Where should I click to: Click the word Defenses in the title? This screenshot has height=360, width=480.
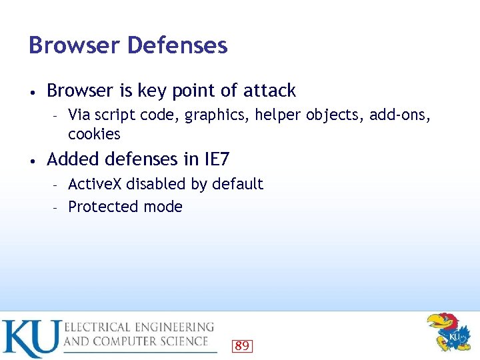pos(177,45)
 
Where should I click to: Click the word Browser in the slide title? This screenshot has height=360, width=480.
pos(73,45)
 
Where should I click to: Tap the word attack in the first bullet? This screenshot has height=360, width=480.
pos(269,90)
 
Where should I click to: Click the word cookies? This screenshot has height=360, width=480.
pos(94,134)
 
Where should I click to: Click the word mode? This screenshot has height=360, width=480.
pos(165,207)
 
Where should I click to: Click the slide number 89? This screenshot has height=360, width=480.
pos(242,345)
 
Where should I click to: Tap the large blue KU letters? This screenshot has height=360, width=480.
pos(31,338)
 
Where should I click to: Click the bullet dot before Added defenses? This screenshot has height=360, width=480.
pos(32,160)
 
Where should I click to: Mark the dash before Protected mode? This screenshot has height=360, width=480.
pos(57,207)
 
